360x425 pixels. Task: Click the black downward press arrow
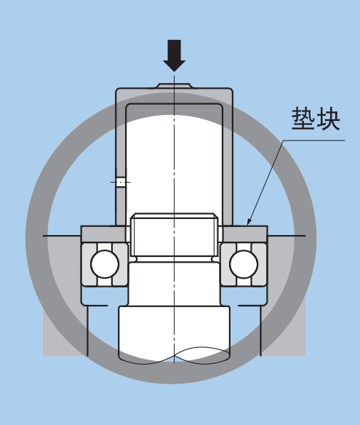click(174, 55)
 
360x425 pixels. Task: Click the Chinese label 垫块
click(316, 119)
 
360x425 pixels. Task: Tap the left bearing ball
click(105, 264)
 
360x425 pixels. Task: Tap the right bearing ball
click(244, 264)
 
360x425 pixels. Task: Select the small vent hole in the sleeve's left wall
click(121, 182)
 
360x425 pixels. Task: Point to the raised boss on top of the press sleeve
click(175, 86)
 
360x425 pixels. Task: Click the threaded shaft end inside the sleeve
click(174, 235)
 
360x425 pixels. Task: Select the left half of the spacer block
click(103, 234)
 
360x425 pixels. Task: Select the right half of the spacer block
click(245, 234)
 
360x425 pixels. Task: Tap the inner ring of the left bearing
click(120, 264)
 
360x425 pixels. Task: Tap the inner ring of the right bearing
click(228, 264)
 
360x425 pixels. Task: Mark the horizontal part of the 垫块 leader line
click(314, 140)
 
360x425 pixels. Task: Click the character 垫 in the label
click(303, 119)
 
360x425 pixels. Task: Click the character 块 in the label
click(328, 119)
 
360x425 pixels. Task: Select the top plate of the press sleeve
click(174, 95)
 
